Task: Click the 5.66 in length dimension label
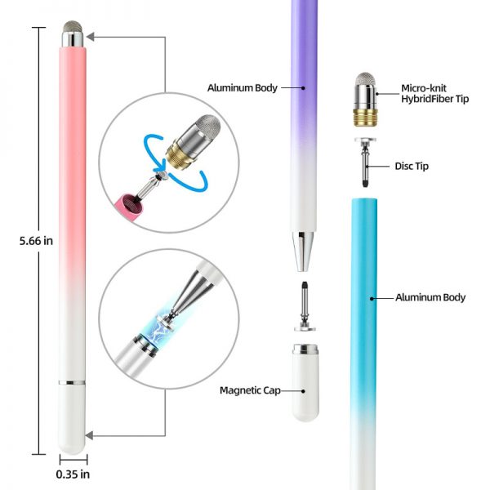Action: coord(36,241)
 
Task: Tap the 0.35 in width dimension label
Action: coord(73,474)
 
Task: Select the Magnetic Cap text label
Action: coord(250,390)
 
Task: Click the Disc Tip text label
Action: coord(412,166)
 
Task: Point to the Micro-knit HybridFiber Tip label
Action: coord(435,93)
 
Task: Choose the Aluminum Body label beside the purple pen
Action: coord(243,88)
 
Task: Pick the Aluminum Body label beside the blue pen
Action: coord(430,297)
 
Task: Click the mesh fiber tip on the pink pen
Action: coord(73,28)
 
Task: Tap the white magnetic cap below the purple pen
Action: coord(305,383)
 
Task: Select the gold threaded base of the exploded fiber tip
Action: coord(365,117)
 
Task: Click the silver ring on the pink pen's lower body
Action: coord(72,383)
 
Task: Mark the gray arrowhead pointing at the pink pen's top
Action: coord(90,37)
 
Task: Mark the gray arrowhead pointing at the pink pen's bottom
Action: coord(89,435)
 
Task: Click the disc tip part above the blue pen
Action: coord(365,163)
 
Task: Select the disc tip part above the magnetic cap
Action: coord(305,306)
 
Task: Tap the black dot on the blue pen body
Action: coord(372,299)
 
